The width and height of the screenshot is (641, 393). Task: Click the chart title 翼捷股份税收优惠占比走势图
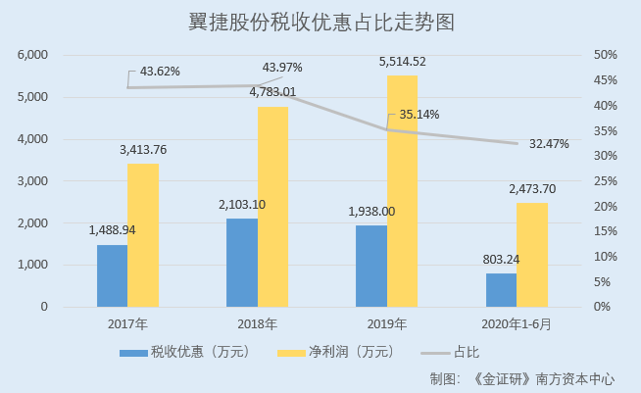[x=320, y=22]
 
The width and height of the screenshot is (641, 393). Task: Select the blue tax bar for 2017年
[x=112, y=275]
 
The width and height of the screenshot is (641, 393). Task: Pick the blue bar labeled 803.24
[x=501, y=290]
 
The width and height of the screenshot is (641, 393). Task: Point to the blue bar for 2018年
[x=242, y=262]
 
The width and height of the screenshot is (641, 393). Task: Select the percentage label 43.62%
[x=160, y=72]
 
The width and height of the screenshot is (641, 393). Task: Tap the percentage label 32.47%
[x=549, y=143]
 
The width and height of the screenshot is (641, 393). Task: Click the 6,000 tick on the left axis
[x=32, y=55]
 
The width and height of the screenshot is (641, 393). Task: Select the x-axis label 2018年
[x=258, y=323]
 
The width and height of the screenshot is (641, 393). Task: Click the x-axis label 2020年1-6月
[x=518, y=323]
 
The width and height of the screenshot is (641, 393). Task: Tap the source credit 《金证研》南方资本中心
[x=550, y=378]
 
